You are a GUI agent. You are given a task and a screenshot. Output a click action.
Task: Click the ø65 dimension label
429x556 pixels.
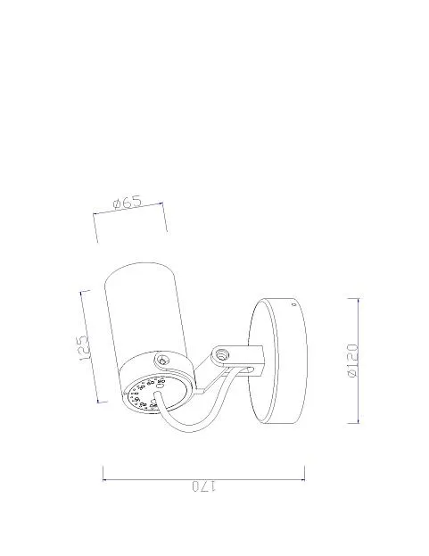(128, 203)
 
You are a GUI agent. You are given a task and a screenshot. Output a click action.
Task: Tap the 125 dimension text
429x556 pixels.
(83, 348)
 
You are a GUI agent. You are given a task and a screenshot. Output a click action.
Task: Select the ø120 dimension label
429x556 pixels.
(352, 361)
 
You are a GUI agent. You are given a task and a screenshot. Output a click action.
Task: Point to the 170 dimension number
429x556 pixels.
(203, 486)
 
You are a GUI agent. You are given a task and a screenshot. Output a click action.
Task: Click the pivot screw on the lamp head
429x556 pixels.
(162, 361)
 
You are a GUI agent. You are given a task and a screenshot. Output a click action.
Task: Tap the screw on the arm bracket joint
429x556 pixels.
(222, 354)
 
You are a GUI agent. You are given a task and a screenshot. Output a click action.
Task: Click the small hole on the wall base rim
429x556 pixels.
(293, 304)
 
